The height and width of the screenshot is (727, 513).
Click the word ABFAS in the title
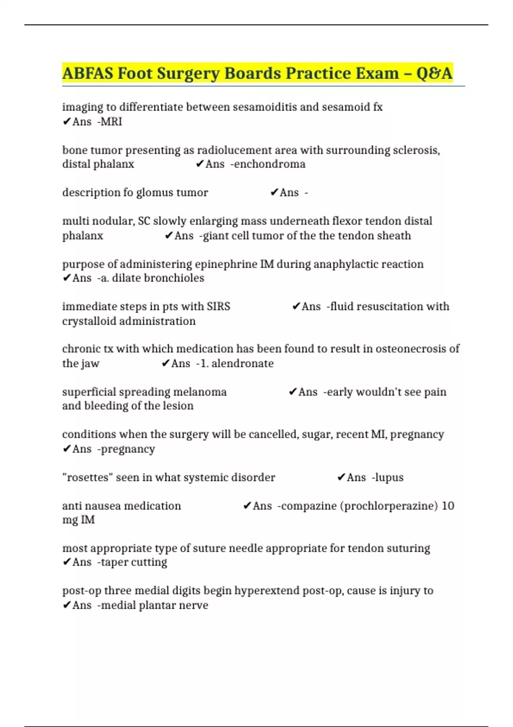[88, 74]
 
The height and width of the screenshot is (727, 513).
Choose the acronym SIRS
[218, 307]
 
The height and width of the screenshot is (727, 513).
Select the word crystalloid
[87, 321]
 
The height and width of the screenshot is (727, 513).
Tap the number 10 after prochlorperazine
[448, 506]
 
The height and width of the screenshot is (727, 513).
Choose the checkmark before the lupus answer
[341, 477]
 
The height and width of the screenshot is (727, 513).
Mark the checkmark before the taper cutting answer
[66, 562]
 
